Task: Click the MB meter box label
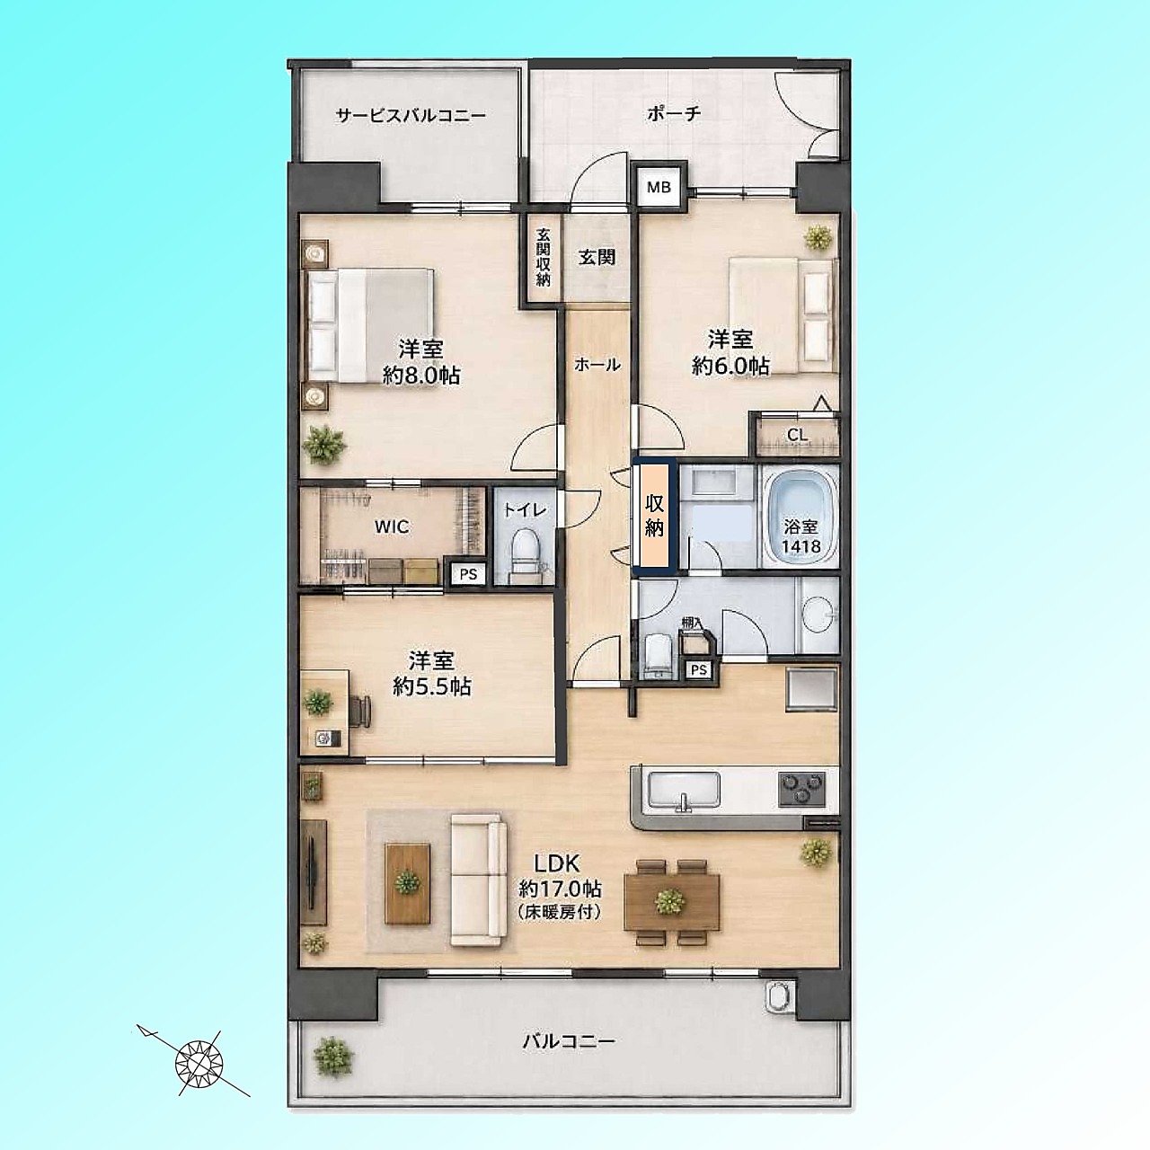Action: [x=659, y=188]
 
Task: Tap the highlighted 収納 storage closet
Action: [x=655, y=517]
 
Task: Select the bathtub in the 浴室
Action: [x=801, y=516]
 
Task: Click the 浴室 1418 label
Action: [x=801, y=536]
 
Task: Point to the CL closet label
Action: [x=797, y=435]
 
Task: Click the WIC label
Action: [x=392, y=527]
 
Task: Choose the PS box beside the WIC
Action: [x=468, y=574]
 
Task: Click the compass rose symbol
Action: [x=199, y=1063]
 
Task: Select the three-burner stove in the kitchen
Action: [x=801, y=790]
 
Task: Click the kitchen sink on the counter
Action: [x=684, y=792]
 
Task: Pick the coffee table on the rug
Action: [x=408, y=882]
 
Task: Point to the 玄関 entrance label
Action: [x=597, y=257]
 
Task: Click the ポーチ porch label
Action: [x=673, y=113]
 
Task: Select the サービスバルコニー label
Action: [x=411, y=115]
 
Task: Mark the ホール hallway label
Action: [x=597, y=365]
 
